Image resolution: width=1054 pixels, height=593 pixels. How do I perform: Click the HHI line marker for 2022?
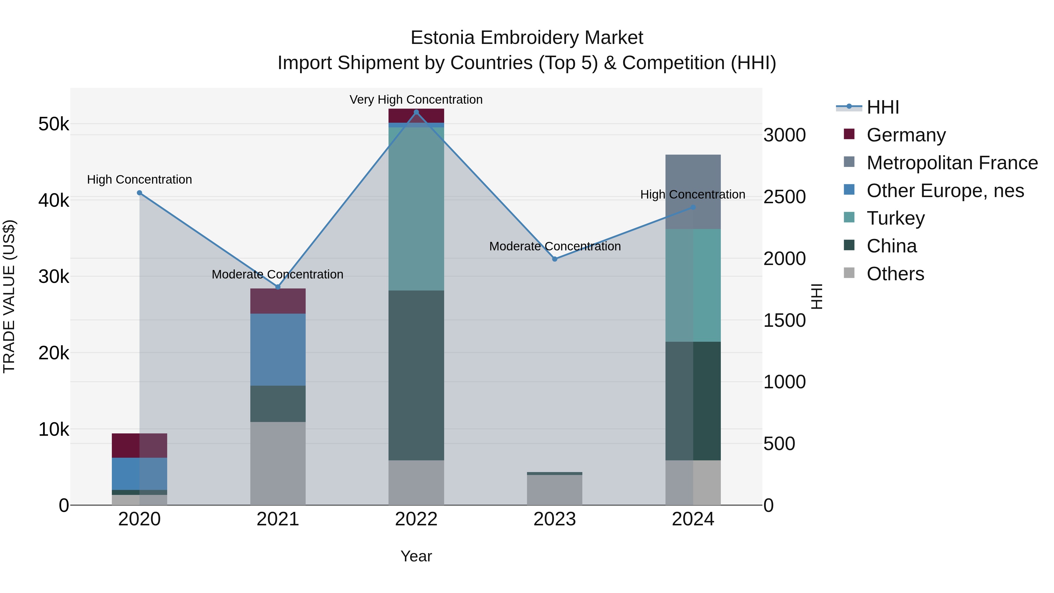point(416,112)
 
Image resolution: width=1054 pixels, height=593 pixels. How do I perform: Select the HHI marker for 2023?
point(555,259)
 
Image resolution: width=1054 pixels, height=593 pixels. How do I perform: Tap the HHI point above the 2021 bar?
point(278,287)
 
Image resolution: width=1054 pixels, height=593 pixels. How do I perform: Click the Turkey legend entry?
point(895,218)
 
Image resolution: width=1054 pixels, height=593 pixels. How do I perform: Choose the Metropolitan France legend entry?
point(952,163)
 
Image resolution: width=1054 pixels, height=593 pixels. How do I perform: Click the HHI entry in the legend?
point(882,107)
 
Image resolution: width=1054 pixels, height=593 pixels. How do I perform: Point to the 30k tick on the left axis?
point(54,277)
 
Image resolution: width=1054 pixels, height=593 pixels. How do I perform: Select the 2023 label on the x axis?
point(555,519)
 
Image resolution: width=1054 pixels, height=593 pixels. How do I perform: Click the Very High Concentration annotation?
point(416,100)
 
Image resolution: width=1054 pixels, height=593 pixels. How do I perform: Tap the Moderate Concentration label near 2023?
point(555,246)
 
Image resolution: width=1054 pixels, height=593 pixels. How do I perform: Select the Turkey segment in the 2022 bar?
point(416,209)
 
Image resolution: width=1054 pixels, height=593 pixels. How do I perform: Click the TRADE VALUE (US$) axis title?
point(9,296)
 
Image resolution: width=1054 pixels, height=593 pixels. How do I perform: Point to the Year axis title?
point(416,556)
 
